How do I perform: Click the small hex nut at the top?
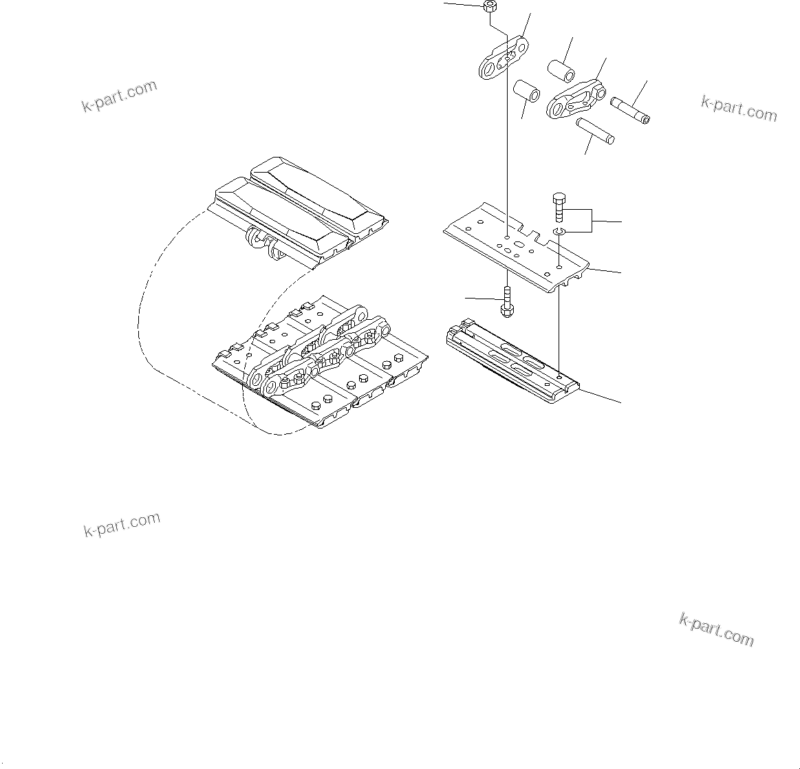pos(490,8)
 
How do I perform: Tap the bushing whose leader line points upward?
pos(561,71)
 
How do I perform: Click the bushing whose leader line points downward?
pos(527,91)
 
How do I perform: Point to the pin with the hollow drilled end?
pos(630,110)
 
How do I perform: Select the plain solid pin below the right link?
pos(596,131)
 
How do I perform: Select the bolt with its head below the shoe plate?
pos(506,303)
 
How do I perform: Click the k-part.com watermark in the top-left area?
pos(119,97)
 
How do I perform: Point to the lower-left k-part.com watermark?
pos(121,526)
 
